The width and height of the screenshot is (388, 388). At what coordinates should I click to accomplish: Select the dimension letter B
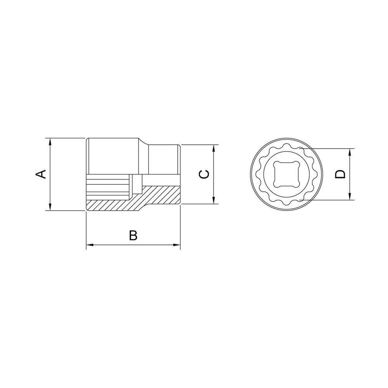[x=133, y=236]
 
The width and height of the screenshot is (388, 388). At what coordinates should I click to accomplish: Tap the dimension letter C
[x=204, y=174]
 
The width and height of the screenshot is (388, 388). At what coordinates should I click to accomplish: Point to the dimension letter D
[x=340, y=174]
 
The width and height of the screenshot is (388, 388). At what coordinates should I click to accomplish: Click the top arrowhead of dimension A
[x=50, y=142]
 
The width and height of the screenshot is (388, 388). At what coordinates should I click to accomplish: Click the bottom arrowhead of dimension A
[x=50, y=207]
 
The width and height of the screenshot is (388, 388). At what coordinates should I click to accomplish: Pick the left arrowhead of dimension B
[x=90, y=245]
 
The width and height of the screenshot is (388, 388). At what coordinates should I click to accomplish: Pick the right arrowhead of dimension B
[x=177, y=245]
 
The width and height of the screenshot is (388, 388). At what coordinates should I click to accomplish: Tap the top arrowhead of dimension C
[x=214, y=148]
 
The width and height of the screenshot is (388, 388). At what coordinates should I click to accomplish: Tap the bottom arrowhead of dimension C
[x=214, y=200]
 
